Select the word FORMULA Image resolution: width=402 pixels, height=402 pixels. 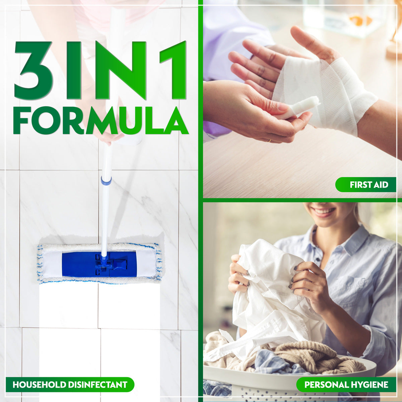pyautogui.click(x=100, y=121)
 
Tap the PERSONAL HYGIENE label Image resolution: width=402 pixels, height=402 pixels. pyautogui.click(x=346, y=385)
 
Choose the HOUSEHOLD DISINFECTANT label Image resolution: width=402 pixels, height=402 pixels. pyautogui.click(x=70, y=385)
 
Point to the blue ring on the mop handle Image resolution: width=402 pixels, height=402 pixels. pyautogui.click(x=106, y=181)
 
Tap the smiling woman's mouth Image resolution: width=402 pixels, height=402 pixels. pyautogui.click(x=323, y=211)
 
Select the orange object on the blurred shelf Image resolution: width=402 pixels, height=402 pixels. pyautogui.click(x=360, y=21)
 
